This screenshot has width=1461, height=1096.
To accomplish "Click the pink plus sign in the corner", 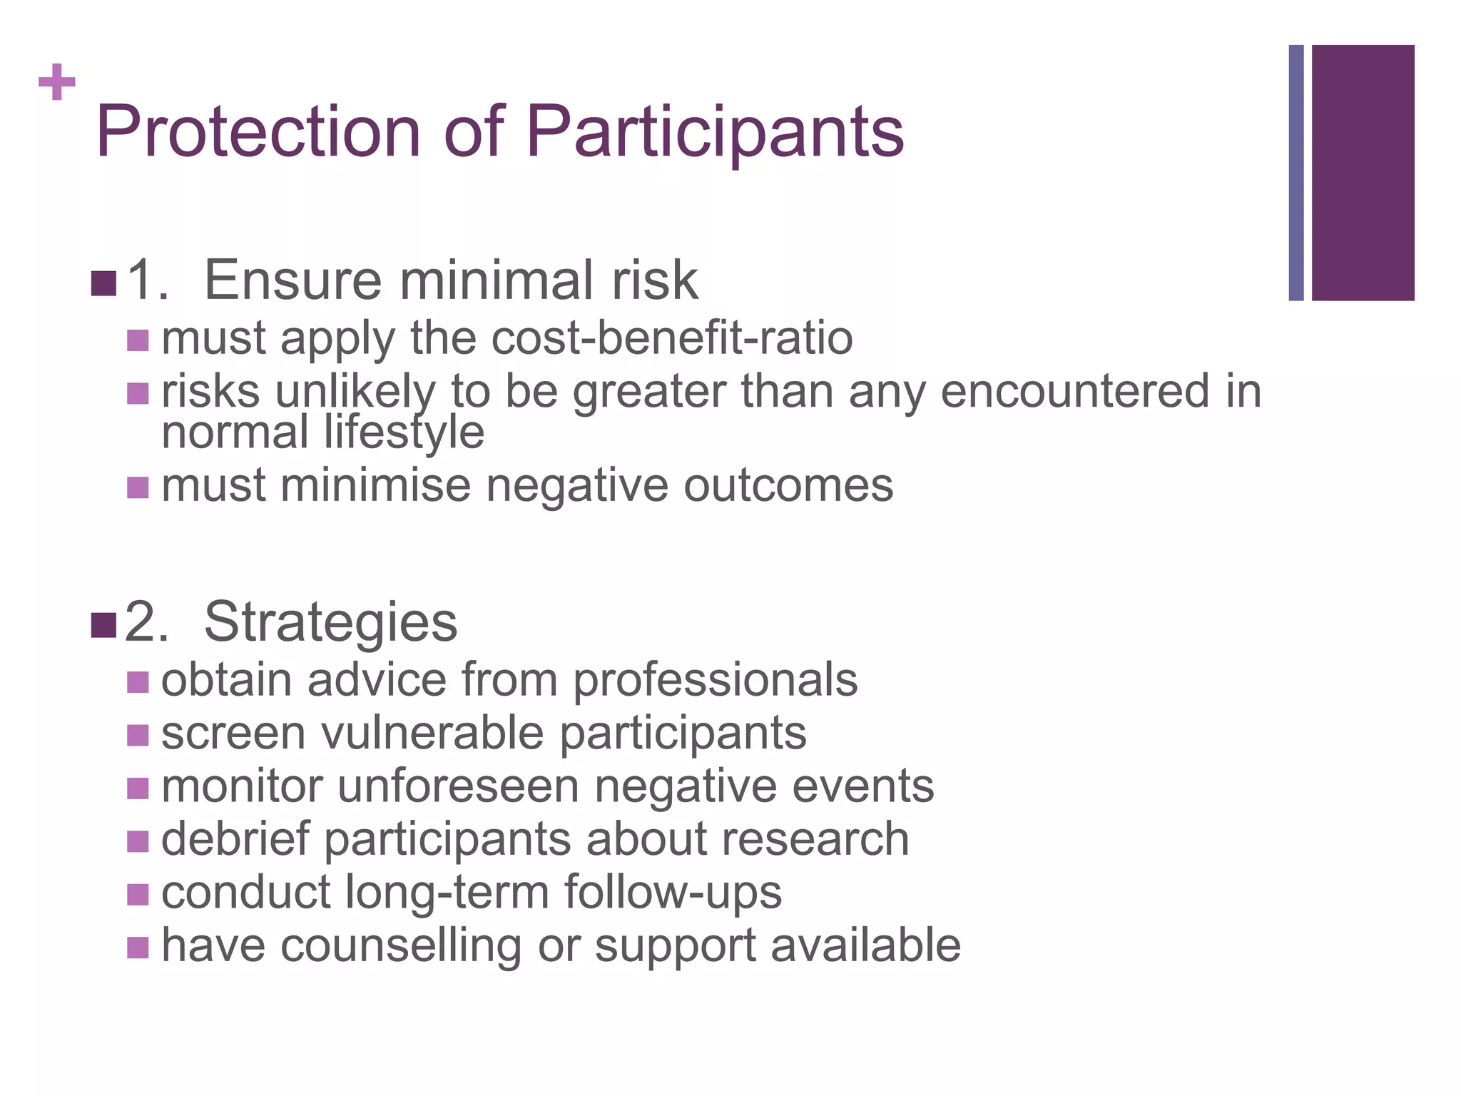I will click(57, 83).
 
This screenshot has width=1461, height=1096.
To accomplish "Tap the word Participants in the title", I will click(716, 133).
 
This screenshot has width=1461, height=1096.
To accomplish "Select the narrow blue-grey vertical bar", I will click(1295, 173).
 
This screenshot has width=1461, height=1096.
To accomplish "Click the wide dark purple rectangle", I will click(1363, 173).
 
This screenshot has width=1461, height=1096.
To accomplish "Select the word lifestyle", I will click(404, 432).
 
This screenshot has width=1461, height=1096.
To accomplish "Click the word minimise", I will click(375, 486).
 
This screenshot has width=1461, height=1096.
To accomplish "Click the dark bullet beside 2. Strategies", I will click(103, 625).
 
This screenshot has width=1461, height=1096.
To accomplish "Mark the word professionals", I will click(716, 680).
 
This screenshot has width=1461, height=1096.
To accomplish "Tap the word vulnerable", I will click(432, 734).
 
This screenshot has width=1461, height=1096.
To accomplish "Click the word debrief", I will click(235, 839).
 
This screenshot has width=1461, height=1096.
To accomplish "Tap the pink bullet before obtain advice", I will click(138, 682).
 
